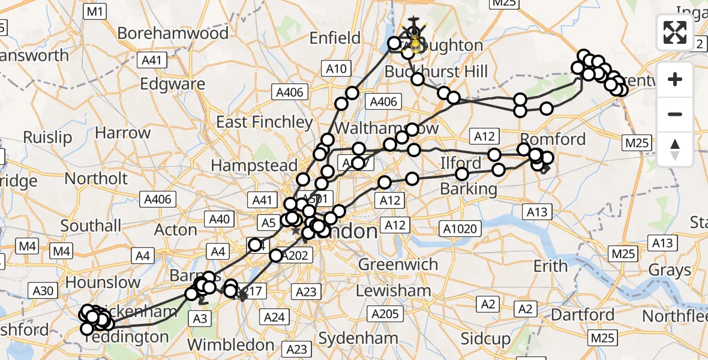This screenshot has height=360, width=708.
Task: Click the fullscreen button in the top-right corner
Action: [675, 32]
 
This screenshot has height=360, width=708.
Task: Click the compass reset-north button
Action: [675, 149]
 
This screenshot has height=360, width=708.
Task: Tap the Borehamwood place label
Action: [173, 33]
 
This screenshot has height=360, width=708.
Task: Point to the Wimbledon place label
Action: [231, 344]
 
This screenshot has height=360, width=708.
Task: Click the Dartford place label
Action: [582, 314]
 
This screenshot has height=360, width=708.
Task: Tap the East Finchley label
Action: [264, 122]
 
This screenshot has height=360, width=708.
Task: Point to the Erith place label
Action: [550, 265]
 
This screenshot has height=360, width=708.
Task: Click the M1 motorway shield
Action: [95, 11]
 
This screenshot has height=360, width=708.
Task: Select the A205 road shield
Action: [385, 314]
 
